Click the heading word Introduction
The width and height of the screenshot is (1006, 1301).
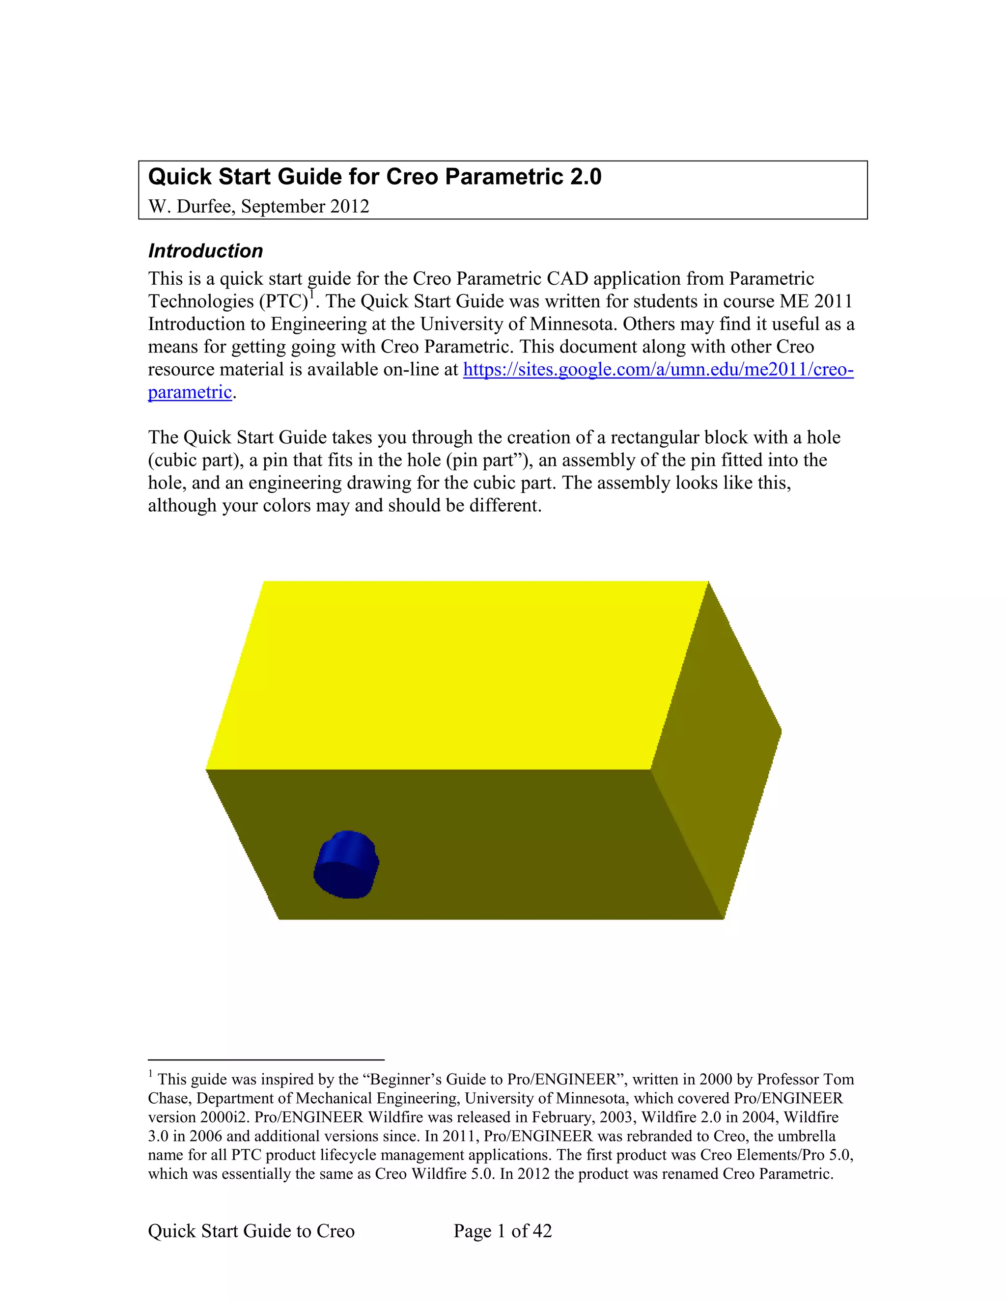tap(206, 251)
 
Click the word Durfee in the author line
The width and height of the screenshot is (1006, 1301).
tap(205, 206)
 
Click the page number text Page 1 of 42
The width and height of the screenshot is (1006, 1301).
tap(503, 1231)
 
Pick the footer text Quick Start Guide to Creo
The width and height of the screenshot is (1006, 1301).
tap(251, 1231)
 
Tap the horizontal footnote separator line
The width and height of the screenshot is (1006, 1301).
tap(266, 1060)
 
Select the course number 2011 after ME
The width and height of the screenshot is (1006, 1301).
tap(833, 301)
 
